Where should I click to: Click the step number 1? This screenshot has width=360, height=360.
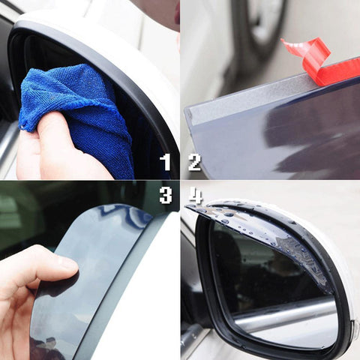[x=165, y=162]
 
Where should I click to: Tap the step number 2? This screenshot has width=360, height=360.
[x=194, y=162]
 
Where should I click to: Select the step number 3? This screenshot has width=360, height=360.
[x=166, y=195]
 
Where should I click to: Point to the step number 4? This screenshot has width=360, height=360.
[x=195, y=195]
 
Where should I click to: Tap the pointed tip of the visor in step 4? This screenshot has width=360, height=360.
[x=187, y=205]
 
